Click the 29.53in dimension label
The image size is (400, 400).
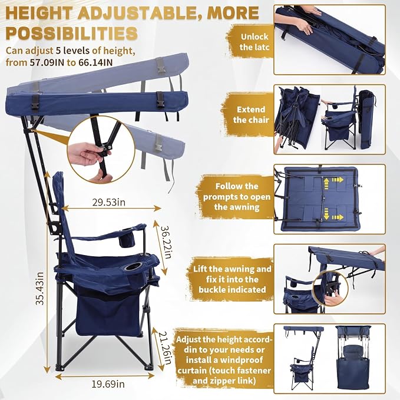click(x=108, y=202)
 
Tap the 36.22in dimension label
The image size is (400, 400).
click(x=164, y=242)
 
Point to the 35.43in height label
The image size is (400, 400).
click(x=40, y=288)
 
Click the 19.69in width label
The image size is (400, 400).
click(x=108, y=384)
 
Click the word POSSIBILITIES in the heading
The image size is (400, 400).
click(x=72, y=33)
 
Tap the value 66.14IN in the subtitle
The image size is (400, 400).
click(x=95, y=62)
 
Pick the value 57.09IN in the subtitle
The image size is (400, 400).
click(x=47, y=62)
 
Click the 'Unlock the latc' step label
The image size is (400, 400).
click(x=254, y=42)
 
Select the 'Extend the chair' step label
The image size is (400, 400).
click(x=251, y=114)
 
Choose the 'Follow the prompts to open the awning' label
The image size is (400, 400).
click(x=237, y=196)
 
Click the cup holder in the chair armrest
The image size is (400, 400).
click(x=132, y=267)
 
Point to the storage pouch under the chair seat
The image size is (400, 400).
click(x=109, y=314)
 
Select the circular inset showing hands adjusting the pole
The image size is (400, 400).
click(x=101, y=149)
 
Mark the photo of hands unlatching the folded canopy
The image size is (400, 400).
click(x=329, y=40)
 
